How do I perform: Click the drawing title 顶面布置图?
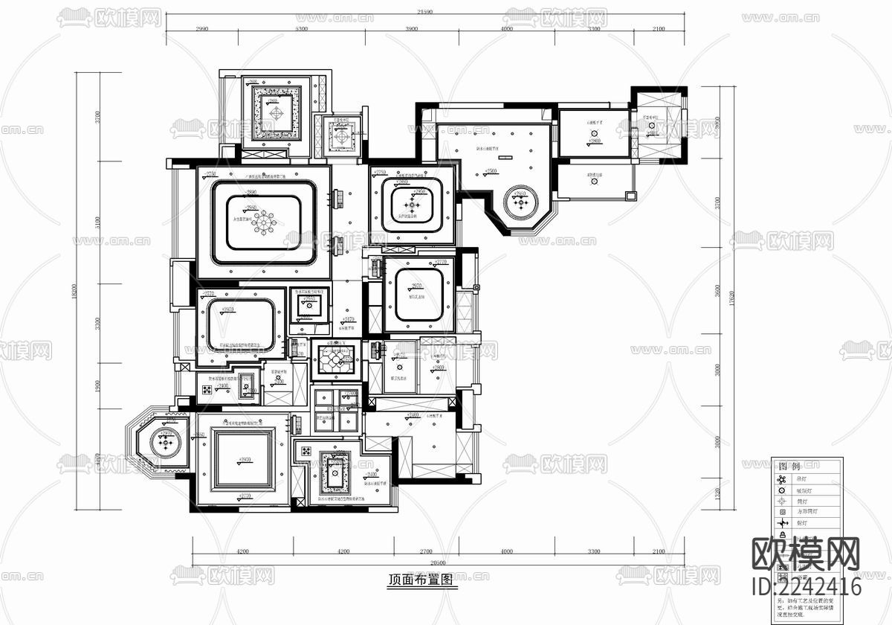point(421,580)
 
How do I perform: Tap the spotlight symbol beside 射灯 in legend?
point(783,524)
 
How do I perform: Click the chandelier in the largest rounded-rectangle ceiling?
point(263,221)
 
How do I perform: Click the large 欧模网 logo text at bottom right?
point(807,556)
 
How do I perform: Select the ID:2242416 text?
point(807,586)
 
